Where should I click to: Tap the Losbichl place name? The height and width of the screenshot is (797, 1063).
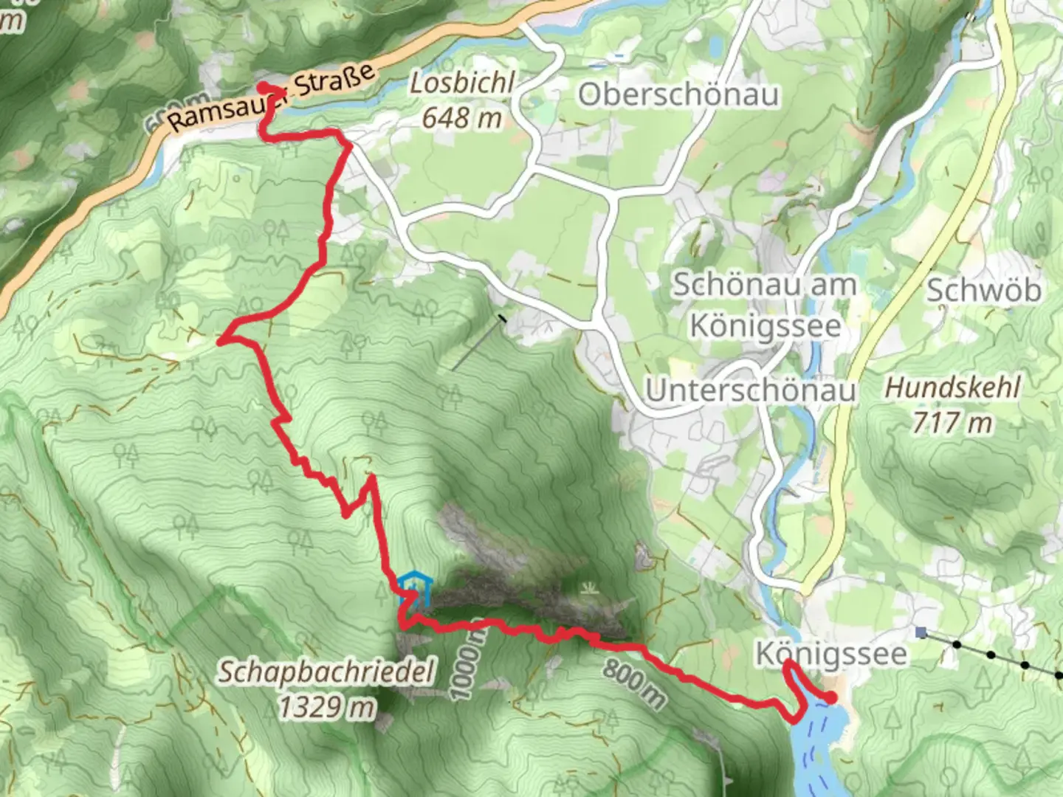(461, 83)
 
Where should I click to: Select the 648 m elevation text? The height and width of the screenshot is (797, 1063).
(461, 117)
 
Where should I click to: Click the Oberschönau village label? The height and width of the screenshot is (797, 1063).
(678, 94)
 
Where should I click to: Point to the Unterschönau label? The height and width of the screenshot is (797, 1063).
(751, 390)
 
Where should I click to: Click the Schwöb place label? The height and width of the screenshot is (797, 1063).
(983, 290)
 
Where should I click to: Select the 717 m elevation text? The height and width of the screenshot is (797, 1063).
(952, 423)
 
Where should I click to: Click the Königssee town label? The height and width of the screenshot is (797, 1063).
(830, 654)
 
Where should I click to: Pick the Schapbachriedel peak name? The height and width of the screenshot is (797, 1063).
(326, 673)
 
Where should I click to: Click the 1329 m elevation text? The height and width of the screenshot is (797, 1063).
(326, 707)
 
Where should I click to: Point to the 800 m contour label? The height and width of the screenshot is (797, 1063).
(633, 682)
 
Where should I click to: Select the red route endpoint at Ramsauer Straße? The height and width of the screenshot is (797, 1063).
(262, 88)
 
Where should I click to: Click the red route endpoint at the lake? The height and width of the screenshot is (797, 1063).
(831, 697)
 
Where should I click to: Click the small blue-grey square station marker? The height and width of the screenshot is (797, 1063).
(921, 632)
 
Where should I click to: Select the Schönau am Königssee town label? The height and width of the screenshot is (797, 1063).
(764, 304)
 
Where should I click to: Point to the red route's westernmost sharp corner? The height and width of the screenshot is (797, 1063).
(220, 339)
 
